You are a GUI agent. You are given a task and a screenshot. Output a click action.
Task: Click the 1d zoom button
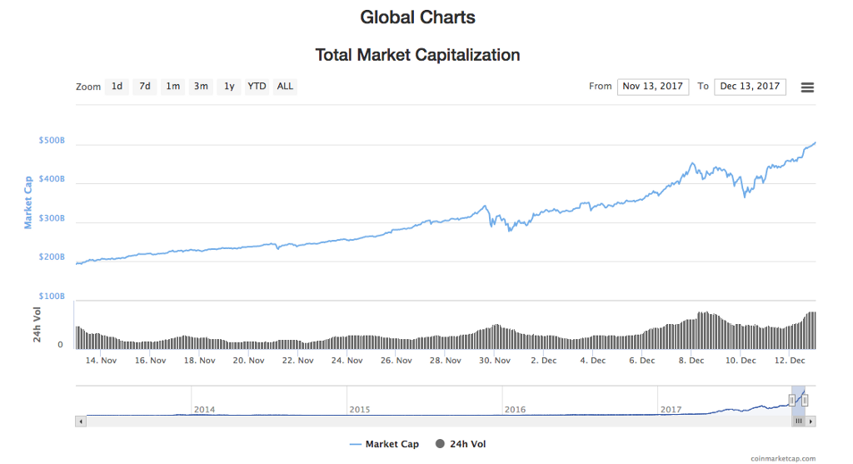click(117, 87)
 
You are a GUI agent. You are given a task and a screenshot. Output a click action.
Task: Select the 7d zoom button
click(145, 87)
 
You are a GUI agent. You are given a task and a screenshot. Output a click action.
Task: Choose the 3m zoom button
click(201, 87)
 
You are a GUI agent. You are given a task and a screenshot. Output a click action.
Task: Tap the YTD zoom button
click(257, 87)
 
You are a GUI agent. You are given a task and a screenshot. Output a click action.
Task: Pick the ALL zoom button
click(285, 87)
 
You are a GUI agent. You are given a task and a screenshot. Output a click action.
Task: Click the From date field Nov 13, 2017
click(653, 87)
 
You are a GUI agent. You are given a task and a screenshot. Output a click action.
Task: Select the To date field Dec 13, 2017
click(750, 87)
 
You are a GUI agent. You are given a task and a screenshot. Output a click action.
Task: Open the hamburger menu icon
click(807, 87)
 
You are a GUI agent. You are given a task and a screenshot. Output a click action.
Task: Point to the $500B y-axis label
click(52, 141)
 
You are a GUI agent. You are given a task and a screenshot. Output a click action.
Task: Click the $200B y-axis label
click(52, 257)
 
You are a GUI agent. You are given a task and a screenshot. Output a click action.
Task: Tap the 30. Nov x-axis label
click(495, 361)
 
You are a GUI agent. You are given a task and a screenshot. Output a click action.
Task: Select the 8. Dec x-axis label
click(691, 361)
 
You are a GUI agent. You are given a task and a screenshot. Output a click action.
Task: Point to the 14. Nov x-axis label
click(102, 361)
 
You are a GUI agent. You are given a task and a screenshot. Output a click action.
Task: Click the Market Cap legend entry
click(384, 444)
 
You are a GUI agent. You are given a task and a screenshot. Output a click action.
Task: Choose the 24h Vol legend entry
click(461, 444)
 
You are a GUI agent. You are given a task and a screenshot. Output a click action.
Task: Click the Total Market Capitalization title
click(417, 55)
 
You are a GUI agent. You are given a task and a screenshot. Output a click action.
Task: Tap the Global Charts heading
click(417, 17)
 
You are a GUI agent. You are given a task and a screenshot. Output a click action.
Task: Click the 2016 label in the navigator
click(516, 409)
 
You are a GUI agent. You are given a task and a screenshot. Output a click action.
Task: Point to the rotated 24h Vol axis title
click(37, 324)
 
